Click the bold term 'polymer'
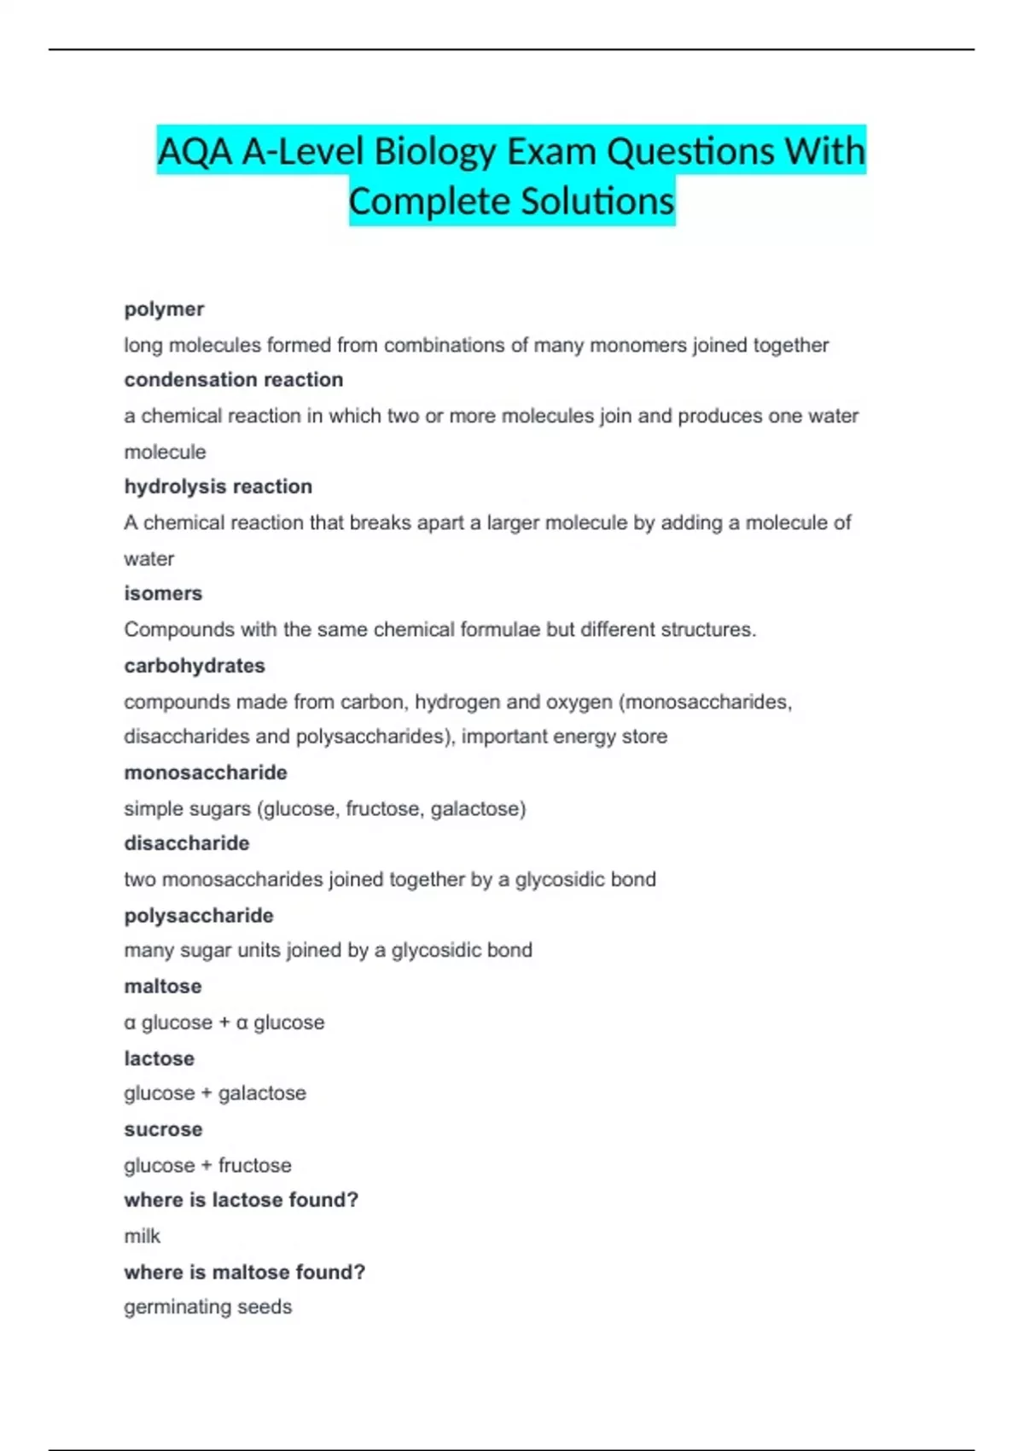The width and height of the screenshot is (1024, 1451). (164, 309)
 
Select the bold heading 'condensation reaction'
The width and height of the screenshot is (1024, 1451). (233, 380)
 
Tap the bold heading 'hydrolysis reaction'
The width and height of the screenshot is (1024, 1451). (218, 487)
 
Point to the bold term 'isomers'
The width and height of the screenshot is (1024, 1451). (163, 593)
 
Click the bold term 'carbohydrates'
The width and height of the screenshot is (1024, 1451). (195, 666)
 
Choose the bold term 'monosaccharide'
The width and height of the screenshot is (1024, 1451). (206, 772)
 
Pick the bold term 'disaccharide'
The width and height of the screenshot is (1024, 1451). (187, 843)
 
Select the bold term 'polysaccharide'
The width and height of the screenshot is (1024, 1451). (199, 916)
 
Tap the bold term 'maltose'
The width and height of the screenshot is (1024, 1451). (163, 987)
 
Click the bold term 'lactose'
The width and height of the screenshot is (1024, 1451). (159, 1058)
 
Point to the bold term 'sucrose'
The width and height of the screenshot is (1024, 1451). (163, 1129)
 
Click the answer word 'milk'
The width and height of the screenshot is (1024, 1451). (142, 1236)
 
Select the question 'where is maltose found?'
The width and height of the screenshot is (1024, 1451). (244, 1273)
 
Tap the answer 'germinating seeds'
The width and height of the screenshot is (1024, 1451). (207, 1307)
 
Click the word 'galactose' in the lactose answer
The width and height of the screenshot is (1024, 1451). (262, 1093)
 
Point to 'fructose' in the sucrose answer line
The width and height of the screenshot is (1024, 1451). (255, 1166)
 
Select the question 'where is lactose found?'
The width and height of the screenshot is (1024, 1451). (241, 1200)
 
